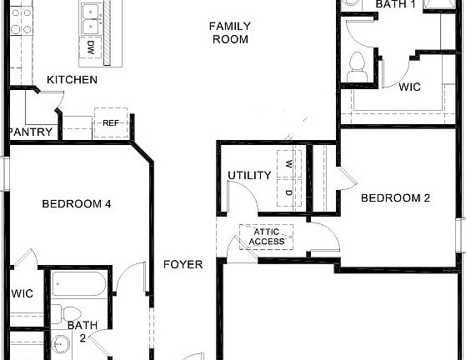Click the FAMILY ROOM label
pyautogui.click(x=230, y=32)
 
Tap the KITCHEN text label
pyautogui.click(x=72, y=80)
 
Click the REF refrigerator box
pyautogui.click(x=111, y=122)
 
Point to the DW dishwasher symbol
pyautogui.click(x=90, y=47)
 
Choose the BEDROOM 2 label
pyautogui.click(x=394, y=198)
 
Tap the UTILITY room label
pyautogui.click(x=249, y=176)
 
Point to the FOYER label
pyautogui.click(x=183, y=265)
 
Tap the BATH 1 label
pyautogui.click(x=395, y=4)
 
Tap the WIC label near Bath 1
pyautogui.click(x=408, y=87)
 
